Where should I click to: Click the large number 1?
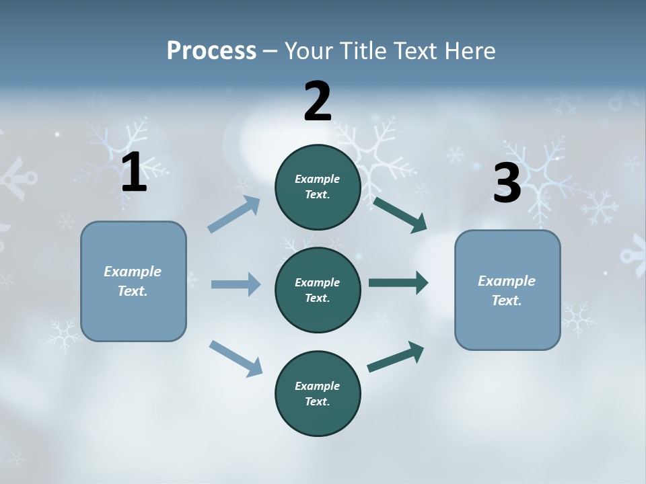click(134, 173)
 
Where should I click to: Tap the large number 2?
click(318, 102)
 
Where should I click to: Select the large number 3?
click(507, 184)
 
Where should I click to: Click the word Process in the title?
click(211, 50)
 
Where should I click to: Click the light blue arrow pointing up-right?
click(234, 214)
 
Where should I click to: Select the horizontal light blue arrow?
click(236, 284)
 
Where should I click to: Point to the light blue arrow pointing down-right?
click(236, 358)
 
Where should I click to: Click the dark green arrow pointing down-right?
click(400, 214)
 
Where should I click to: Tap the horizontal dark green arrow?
click(398, 283)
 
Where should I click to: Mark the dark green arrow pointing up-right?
click(396, 356)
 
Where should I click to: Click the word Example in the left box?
click(133, 272)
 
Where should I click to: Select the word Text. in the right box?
click(507, 300)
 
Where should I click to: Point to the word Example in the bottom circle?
click(317, 386)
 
